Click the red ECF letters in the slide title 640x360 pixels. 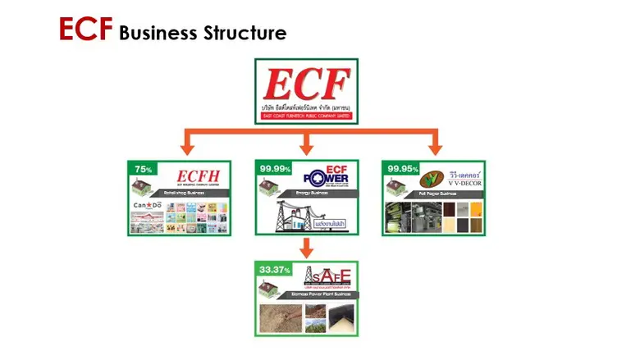tap(85, 30)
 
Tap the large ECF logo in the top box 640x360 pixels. tap(307, 85)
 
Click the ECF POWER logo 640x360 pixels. tap(327, 175)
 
